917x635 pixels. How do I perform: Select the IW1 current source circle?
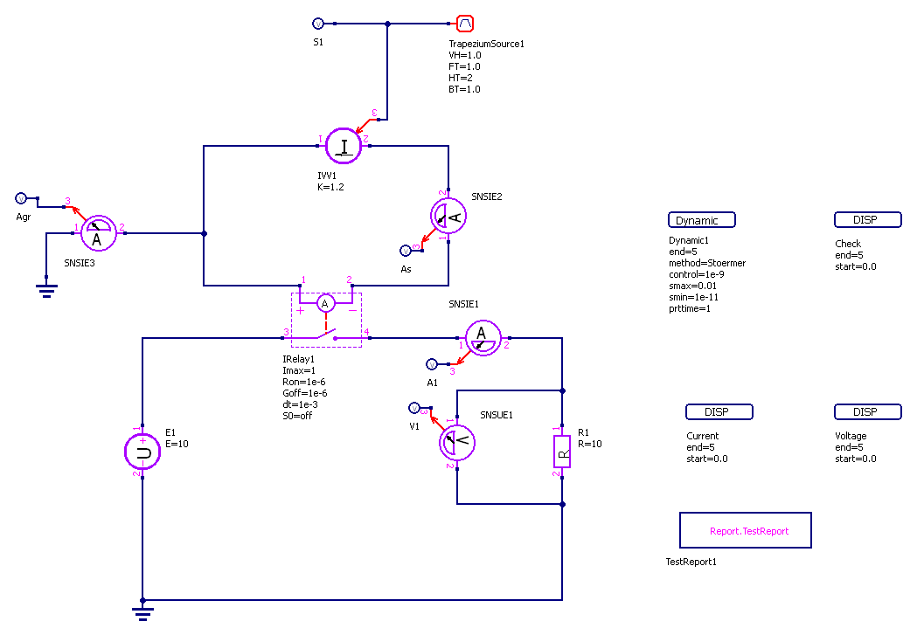344,146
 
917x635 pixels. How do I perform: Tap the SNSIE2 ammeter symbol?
448,214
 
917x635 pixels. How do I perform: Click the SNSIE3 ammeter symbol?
97,233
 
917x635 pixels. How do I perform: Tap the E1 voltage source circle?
142,452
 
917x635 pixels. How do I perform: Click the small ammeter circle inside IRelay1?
326,303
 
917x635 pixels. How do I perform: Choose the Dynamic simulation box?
701,220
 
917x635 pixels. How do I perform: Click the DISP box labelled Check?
865,220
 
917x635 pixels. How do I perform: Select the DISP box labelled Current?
717,411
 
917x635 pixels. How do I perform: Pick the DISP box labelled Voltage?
865,411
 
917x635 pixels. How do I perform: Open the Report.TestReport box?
746,530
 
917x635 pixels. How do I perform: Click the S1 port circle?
317,24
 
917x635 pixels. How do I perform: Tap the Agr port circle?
22,198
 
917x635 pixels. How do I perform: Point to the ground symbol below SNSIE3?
45,291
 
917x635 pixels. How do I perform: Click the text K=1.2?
330,188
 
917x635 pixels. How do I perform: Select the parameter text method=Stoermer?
707,263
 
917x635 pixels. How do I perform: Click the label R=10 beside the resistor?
590,444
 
